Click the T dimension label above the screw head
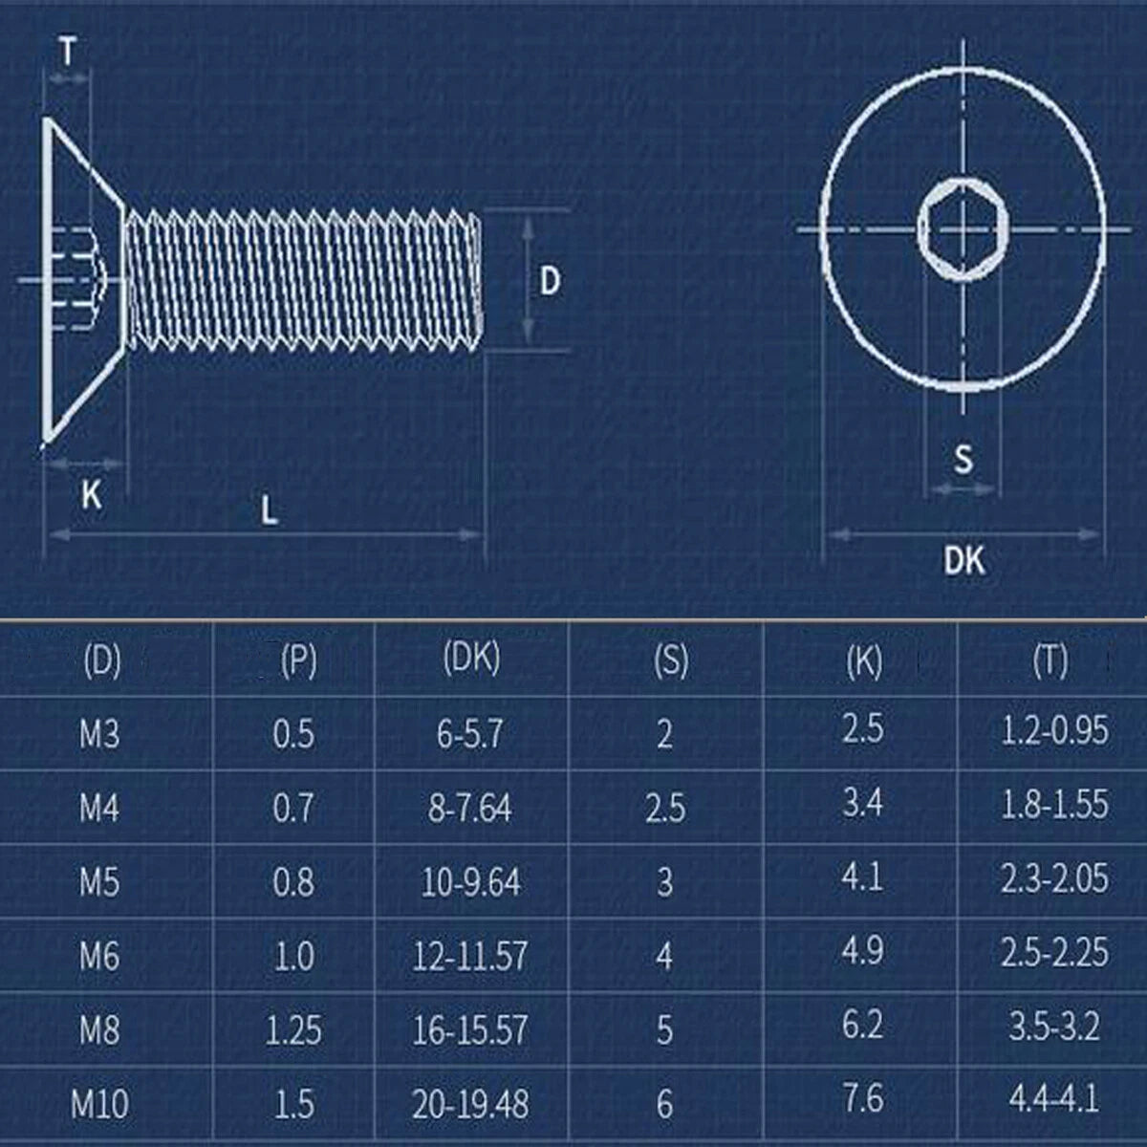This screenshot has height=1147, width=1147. pos(68,51)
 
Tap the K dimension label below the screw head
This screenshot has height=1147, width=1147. pos(91,494)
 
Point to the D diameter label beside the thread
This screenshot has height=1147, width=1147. pos(550,281)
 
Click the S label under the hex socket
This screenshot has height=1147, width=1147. pos(963,459)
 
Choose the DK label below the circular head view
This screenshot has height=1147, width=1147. pos(963,560)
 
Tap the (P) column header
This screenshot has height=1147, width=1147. pos(299,660)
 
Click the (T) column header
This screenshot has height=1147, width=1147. pos(1050,660)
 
